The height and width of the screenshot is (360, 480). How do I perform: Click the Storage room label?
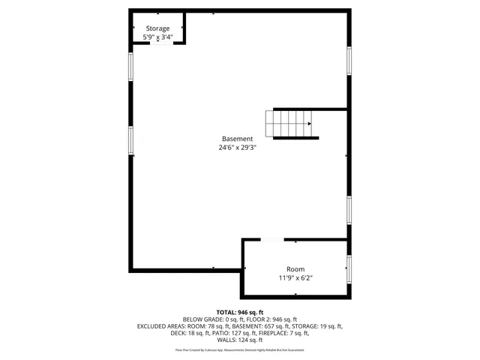(x=157, y=28)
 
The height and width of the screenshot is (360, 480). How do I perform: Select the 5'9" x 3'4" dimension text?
(x=157, y=37)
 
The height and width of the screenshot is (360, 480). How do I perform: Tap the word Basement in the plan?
(x=237, y=139)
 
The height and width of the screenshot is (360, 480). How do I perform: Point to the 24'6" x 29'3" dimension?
(x=237, y=148)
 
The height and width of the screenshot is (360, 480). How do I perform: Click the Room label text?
(x=295, y=269)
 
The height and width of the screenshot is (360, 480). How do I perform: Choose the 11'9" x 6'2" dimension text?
(x=295, y=278)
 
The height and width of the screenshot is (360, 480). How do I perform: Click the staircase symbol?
(x=289, y=123)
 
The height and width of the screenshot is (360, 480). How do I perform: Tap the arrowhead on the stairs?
(x=310, y=124)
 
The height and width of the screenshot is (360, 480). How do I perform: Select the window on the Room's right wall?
(x=349, y=268)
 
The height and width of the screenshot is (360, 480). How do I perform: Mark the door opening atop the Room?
(x=271, y=240)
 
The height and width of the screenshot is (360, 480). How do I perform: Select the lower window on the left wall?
(x=131, y=141)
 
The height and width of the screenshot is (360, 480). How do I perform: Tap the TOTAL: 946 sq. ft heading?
(x=240, y=312)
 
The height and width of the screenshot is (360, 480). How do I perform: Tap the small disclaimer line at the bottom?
(x=240, y=349)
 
